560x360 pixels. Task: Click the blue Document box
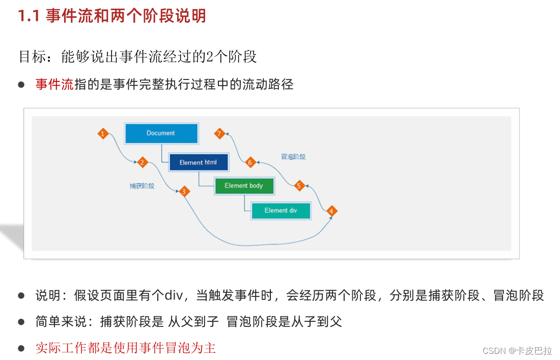tap(161, 133)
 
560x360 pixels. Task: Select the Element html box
tap(198, 162)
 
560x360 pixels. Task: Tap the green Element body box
tap(244, 186)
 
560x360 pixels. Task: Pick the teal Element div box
tap(281, 210)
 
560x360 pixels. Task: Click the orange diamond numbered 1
tap(103, 134)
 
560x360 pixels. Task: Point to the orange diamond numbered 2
tap(143, 162)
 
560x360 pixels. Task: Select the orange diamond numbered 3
tap(184, 191)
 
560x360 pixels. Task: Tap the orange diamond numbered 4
tap(331, 211)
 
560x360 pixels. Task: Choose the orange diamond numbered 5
tap(299, 186)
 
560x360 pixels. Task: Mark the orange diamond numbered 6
tap(250, 162)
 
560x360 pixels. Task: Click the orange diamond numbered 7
tap(219, 134)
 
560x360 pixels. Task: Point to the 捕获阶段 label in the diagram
tap(142, 186)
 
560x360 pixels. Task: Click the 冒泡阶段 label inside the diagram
tap(293, 157)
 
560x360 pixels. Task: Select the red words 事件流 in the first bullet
tap(54, 85)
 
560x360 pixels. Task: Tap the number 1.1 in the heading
tap(30, 16)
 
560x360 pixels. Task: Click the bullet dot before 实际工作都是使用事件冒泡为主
tap(21, 349)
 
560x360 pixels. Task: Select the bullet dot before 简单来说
tap(21, 322)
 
